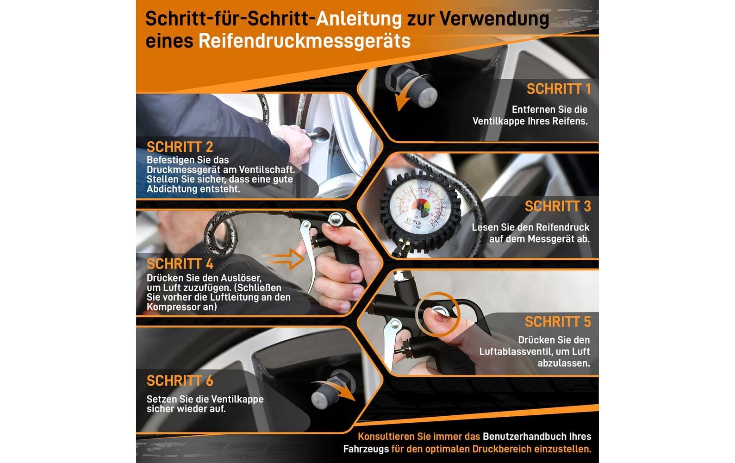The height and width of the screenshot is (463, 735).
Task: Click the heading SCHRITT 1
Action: point(559,89)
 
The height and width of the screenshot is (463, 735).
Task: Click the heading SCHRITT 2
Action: point(180,147)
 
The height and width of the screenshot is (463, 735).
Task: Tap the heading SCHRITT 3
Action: point(558,206)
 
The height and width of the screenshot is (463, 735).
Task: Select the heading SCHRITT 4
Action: point(180,264)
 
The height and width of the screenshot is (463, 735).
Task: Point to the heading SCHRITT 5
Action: point(558,321)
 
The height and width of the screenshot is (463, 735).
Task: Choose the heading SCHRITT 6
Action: point(180,381)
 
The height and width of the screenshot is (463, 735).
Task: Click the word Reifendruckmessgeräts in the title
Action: point(305,41)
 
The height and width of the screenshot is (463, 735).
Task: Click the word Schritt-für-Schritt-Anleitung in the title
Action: point(273,19)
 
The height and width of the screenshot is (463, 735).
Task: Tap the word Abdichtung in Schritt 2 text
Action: point(172,189)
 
